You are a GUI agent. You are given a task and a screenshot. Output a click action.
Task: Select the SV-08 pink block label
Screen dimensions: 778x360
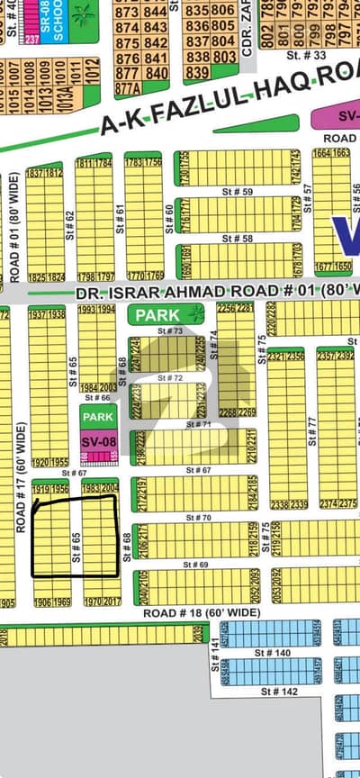98,442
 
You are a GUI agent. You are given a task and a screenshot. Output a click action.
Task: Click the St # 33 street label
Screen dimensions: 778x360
313,55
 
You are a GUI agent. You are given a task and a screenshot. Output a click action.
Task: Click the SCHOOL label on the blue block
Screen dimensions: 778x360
58,23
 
